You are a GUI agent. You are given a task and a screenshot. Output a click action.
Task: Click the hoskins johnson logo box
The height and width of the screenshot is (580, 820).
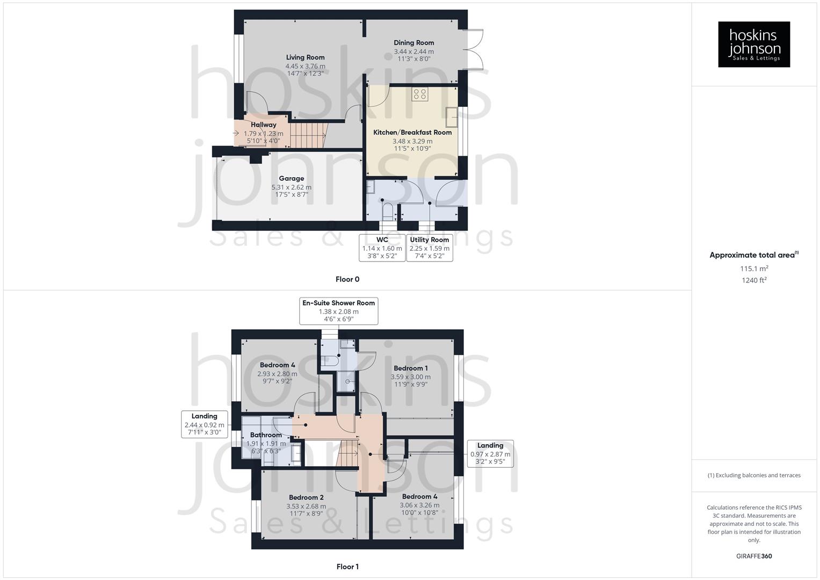click(754, 44)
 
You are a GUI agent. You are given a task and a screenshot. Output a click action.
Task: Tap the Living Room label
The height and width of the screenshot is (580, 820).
click(305, 57)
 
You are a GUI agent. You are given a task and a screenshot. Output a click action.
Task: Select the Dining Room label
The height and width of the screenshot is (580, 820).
click(413, 43)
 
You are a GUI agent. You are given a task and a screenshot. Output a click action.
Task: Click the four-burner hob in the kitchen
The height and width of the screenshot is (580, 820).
click(419, 95)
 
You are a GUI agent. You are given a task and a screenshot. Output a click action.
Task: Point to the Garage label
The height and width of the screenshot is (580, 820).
click(291, 179)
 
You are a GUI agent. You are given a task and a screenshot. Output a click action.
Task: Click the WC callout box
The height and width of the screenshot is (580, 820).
click(382, 248)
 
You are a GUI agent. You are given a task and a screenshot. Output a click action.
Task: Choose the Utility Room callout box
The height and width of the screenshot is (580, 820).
click(429, 248)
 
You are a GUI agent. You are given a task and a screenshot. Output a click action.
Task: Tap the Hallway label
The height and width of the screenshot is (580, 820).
click(263, 125)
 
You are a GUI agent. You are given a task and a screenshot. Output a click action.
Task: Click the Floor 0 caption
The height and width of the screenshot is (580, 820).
click(347, 279)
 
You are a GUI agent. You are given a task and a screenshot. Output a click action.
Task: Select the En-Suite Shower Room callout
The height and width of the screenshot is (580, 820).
click(338, 311)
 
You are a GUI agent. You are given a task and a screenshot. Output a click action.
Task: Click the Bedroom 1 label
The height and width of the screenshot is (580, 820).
click(410, 368)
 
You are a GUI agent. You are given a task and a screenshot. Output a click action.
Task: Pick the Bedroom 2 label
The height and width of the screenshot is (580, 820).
click(306, 498)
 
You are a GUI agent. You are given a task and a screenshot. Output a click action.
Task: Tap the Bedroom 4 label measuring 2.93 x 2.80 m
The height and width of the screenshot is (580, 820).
click(277, 365)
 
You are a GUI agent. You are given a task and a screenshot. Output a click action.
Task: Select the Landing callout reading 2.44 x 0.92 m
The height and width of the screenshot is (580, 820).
click(204, 424)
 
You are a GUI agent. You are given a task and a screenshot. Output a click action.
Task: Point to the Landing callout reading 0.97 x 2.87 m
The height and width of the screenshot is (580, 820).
click(490, 453)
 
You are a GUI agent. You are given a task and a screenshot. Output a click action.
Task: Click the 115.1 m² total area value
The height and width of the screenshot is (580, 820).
click(754, 269)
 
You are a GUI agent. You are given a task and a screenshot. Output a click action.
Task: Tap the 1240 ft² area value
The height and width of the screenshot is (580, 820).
click(754, 280)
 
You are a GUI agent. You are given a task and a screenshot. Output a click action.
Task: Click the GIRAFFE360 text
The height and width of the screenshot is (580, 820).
click(754, 556)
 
